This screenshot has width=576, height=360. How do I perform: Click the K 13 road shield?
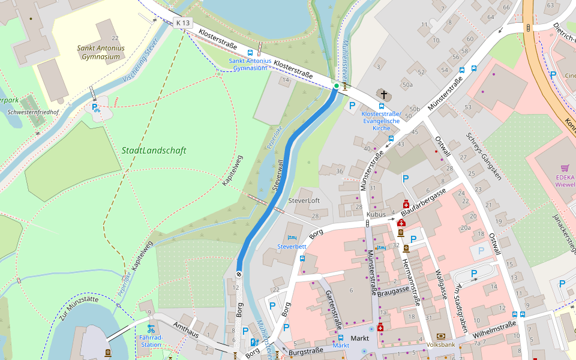click(x=183, y=23)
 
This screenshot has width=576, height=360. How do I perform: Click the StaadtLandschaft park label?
click(x=154, y=151)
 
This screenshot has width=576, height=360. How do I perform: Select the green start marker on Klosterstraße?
click(x=336, y=86)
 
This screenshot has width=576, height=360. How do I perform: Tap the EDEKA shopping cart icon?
click(x=565, y=169)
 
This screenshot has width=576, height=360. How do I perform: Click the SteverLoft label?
click(x=304, y=200)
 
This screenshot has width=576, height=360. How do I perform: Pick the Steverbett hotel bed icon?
click(x=292, y=238)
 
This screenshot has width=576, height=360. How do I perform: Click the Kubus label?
click(x=376, y=214)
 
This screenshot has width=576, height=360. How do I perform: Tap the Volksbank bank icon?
click(x=442, y=336)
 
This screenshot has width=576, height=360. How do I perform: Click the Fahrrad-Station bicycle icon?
click(x=151, y=328)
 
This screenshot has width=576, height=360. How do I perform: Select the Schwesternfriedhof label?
click(x=34, y=112)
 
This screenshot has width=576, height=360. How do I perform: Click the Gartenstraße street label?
click(x=333, y=308)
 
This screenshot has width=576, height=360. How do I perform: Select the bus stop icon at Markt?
click(x=340, y=337)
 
